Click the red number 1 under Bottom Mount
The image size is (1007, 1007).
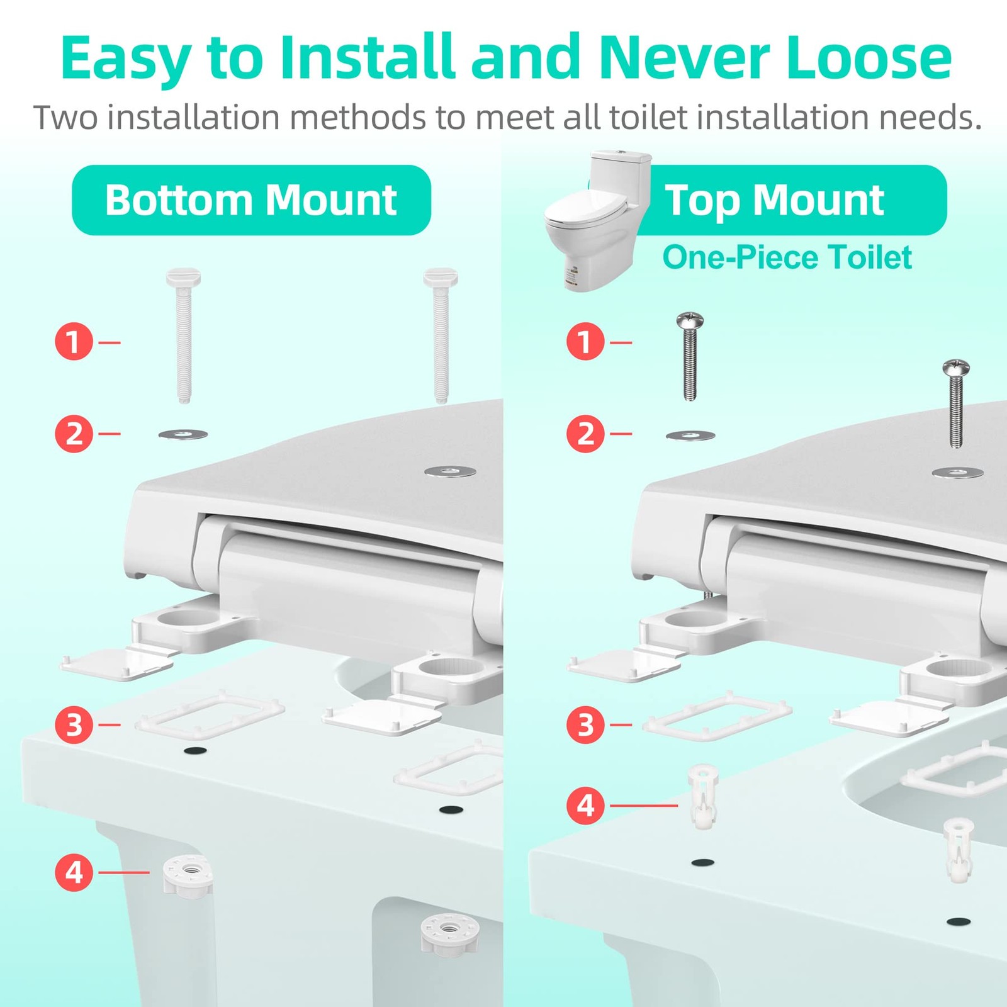[74, 342]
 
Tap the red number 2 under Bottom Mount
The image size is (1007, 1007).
[74, 434]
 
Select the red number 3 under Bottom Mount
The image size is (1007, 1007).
[74, 724]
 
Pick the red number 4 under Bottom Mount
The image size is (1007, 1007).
[74, 872]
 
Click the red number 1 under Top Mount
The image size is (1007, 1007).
[585, 342]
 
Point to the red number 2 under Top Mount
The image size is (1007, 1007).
[585, 434]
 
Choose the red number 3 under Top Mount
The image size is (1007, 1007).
[585, 724]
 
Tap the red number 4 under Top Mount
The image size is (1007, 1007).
[585, 805]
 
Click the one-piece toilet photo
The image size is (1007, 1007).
[597, 220]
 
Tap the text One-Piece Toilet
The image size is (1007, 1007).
[787, 257]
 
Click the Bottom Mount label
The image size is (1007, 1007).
[251, 200]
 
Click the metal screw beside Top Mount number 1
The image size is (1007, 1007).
[690, 356]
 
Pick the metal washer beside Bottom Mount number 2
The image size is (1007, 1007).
[183, 434]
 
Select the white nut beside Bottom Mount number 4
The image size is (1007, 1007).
[188, 874]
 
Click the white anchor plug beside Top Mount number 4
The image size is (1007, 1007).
[704, 796]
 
